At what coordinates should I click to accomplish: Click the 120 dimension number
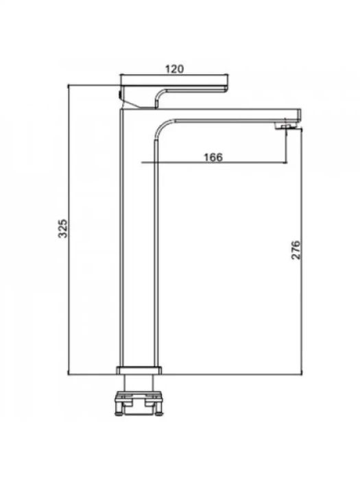[x=174, y=69]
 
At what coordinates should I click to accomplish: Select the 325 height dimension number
[x=63, y=228]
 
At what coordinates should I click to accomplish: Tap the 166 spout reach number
[x=213, y=157]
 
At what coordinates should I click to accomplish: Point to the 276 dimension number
[x=296, y=250]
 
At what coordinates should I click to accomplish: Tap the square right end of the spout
[x=299, y=115]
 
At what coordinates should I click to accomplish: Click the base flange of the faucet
[x=139, y=370]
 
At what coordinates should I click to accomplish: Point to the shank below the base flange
[x=139, y=383]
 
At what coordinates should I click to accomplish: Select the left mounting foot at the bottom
[x=119, y=409]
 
